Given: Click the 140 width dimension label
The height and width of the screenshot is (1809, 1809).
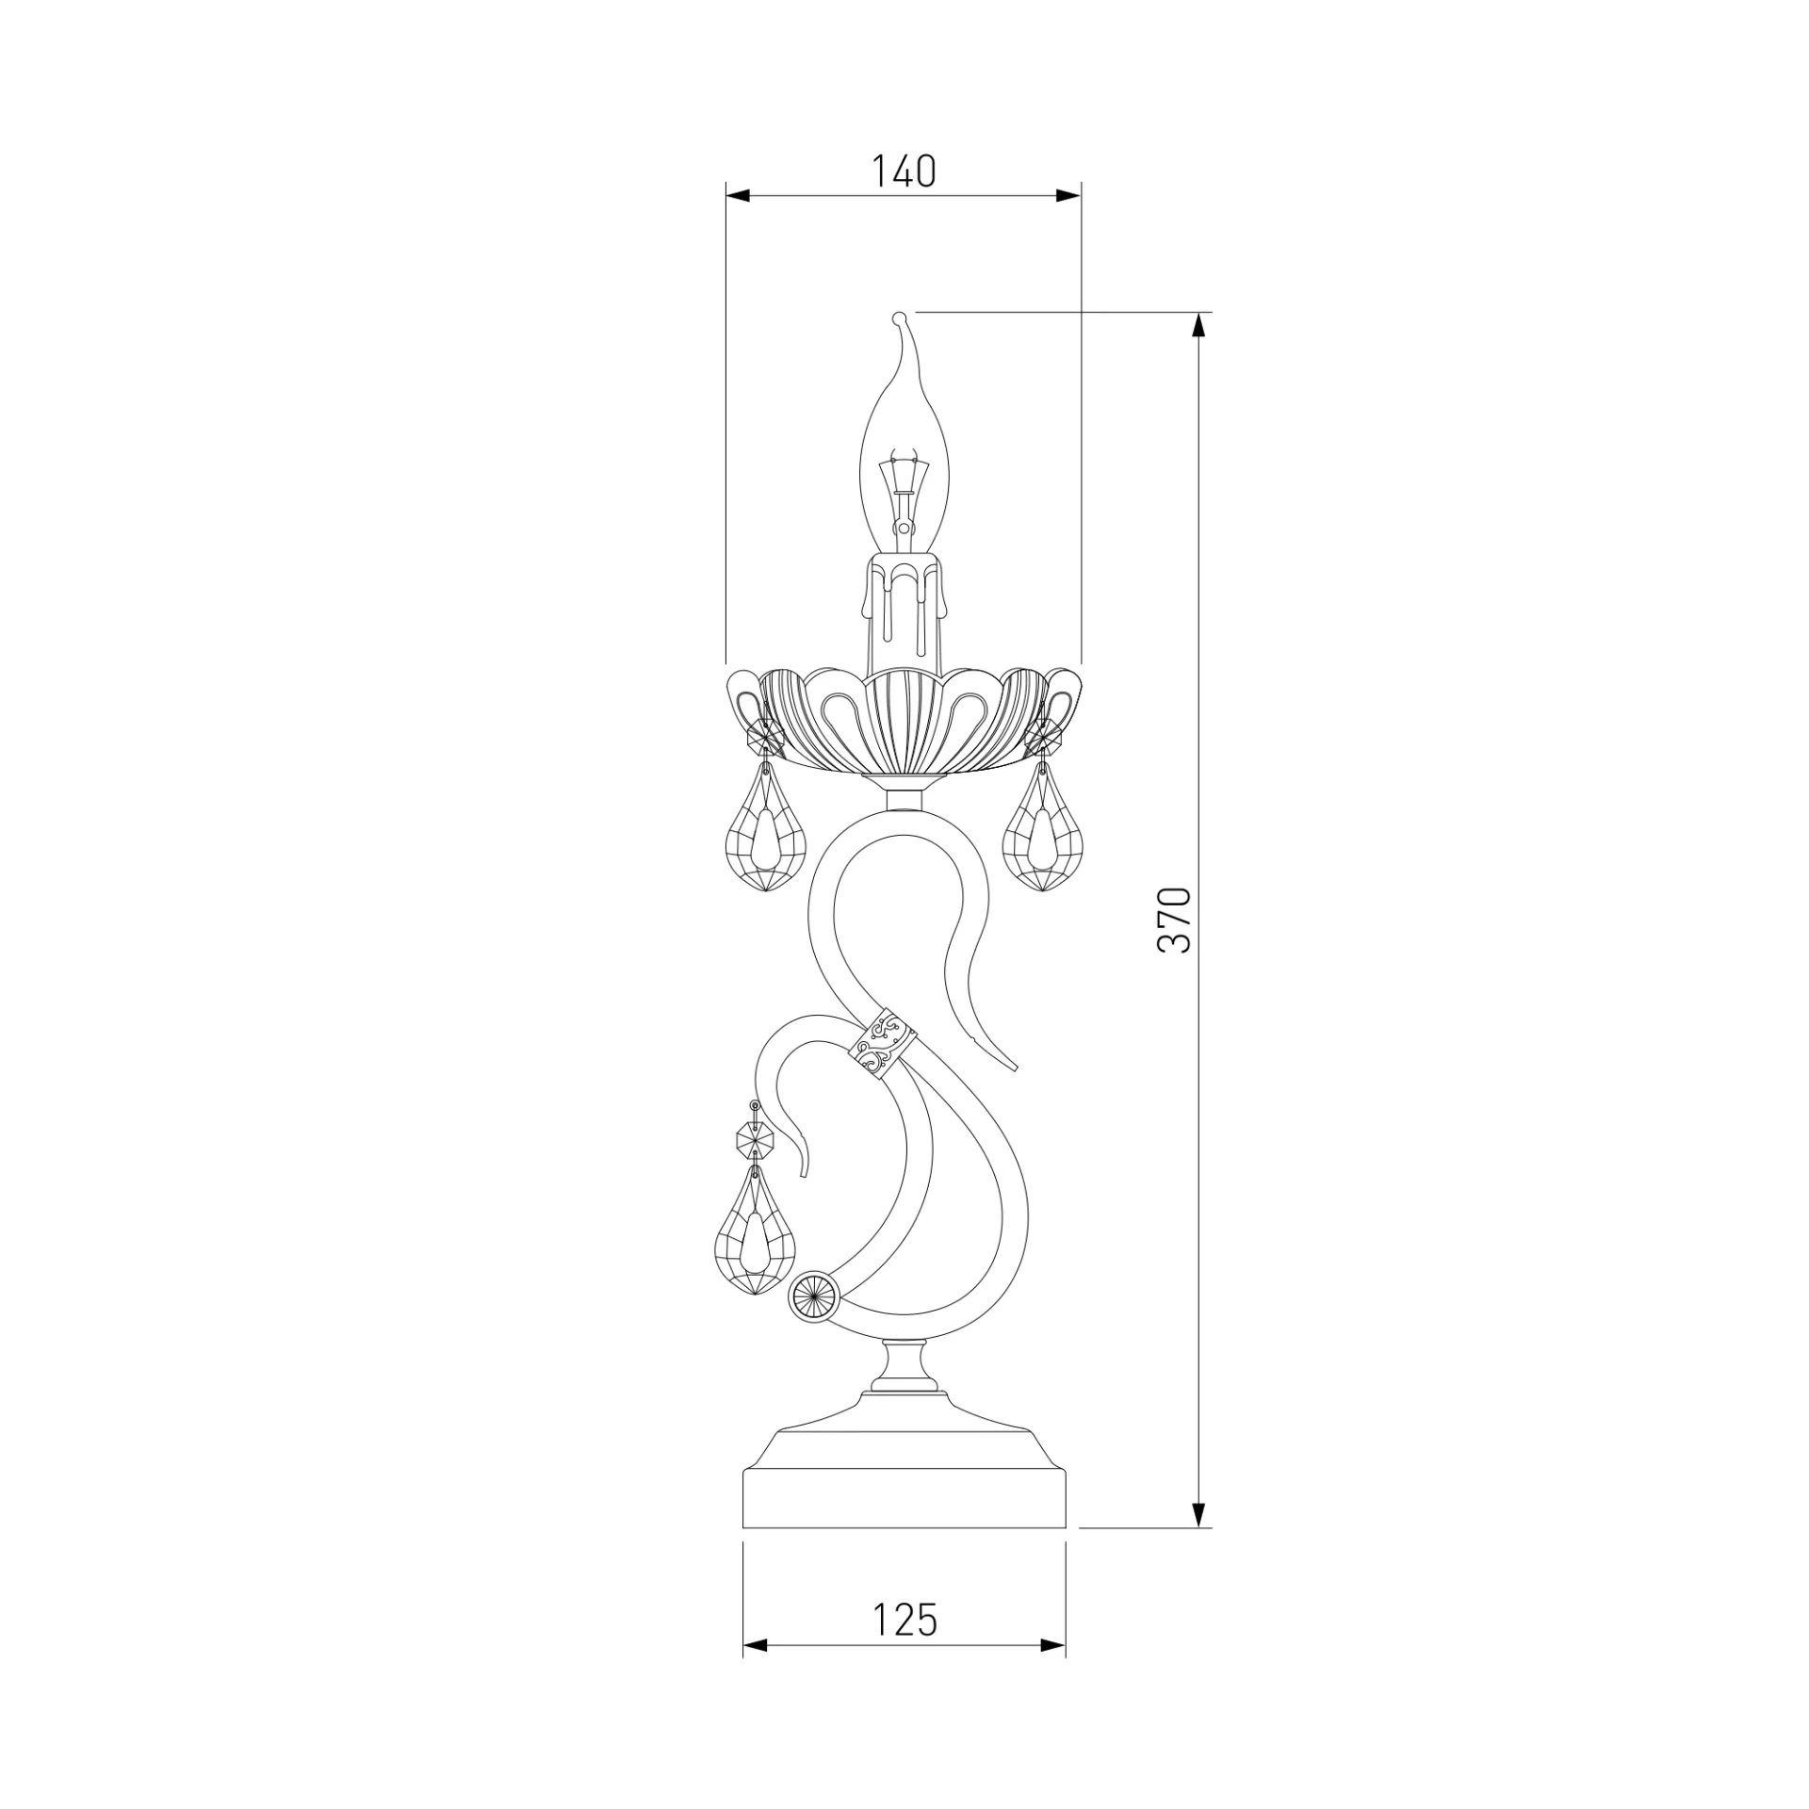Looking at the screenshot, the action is (x=903, y=171).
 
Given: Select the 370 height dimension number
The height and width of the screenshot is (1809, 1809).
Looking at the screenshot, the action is (x=1175, y=920).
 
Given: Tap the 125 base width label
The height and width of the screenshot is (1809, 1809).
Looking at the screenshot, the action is (x=904, y=1619).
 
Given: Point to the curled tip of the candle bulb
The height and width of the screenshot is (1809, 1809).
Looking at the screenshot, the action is (x=899, y=318).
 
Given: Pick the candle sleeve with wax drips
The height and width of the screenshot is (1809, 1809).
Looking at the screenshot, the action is (x=904, y=612).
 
